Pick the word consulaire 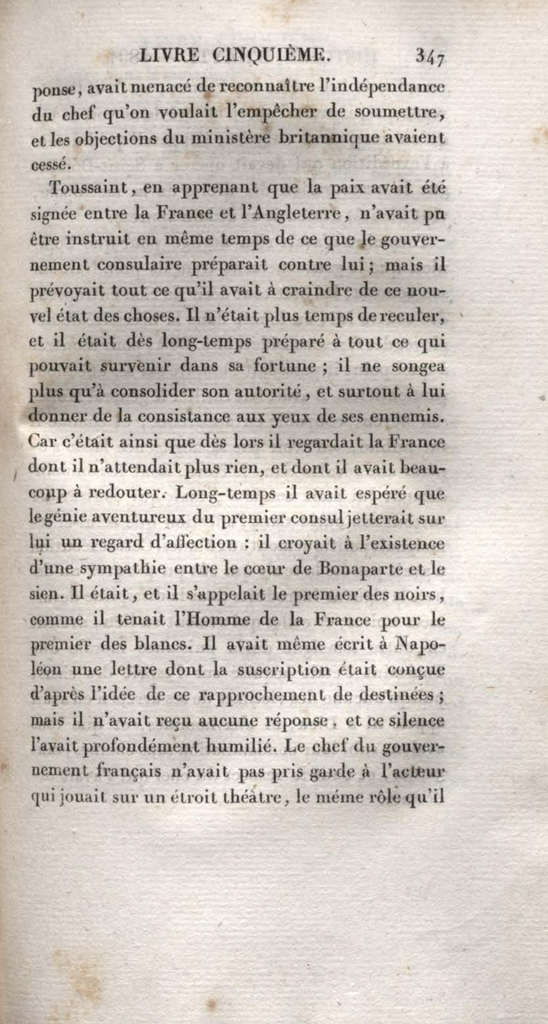(139, 265)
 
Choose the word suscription (283, 670)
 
